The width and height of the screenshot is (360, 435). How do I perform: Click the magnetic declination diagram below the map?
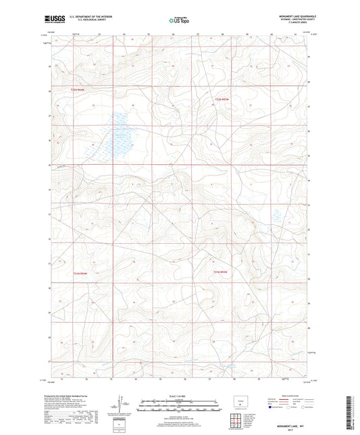coord(122,408)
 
